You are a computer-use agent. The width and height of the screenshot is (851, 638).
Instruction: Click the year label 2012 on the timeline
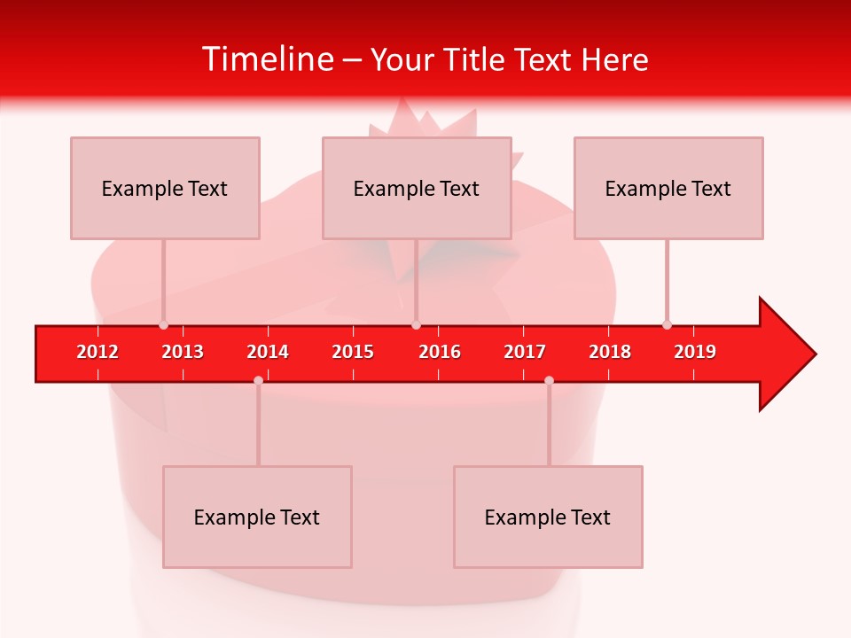[98, 352]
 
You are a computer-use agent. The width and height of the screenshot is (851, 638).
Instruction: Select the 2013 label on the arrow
[183, 352]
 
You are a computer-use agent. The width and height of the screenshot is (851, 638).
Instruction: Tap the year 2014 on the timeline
[268, 352]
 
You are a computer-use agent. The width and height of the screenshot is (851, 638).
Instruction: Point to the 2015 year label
[353, 352]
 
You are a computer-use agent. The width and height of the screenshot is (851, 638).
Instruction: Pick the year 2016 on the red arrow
[440, 352]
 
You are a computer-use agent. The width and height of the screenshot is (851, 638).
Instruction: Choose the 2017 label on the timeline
[525, 352]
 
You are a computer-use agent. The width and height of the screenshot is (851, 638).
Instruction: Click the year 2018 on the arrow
[610, 352]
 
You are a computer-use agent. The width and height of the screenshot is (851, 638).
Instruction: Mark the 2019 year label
[695, 352]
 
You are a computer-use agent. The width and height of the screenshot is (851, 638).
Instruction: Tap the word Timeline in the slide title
[267, 59]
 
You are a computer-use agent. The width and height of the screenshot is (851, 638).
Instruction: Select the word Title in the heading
[476, 59]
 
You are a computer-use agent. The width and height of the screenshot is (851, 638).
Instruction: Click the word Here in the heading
[614, 59]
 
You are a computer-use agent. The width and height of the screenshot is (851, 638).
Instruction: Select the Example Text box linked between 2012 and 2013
[165, 188]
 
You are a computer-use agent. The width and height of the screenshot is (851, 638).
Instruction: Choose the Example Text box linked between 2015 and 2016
[417, 188]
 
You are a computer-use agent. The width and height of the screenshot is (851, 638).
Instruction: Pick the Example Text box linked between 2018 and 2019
[668, 188]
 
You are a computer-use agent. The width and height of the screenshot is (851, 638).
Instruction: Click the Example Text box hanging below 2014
[257, 517]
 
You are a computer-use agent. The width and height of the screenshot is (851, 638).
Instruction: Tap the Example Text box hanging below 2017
[548, 517]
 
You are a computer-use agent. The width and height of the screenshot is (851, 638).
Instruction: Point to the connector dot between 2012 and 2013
[163, 325]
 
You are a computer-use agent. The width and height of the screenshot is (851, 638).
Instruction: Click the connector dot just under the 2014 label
[258, 380]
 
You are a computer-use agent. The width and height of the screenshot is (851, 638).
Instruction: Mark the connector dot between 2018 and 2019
[667, 325]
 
